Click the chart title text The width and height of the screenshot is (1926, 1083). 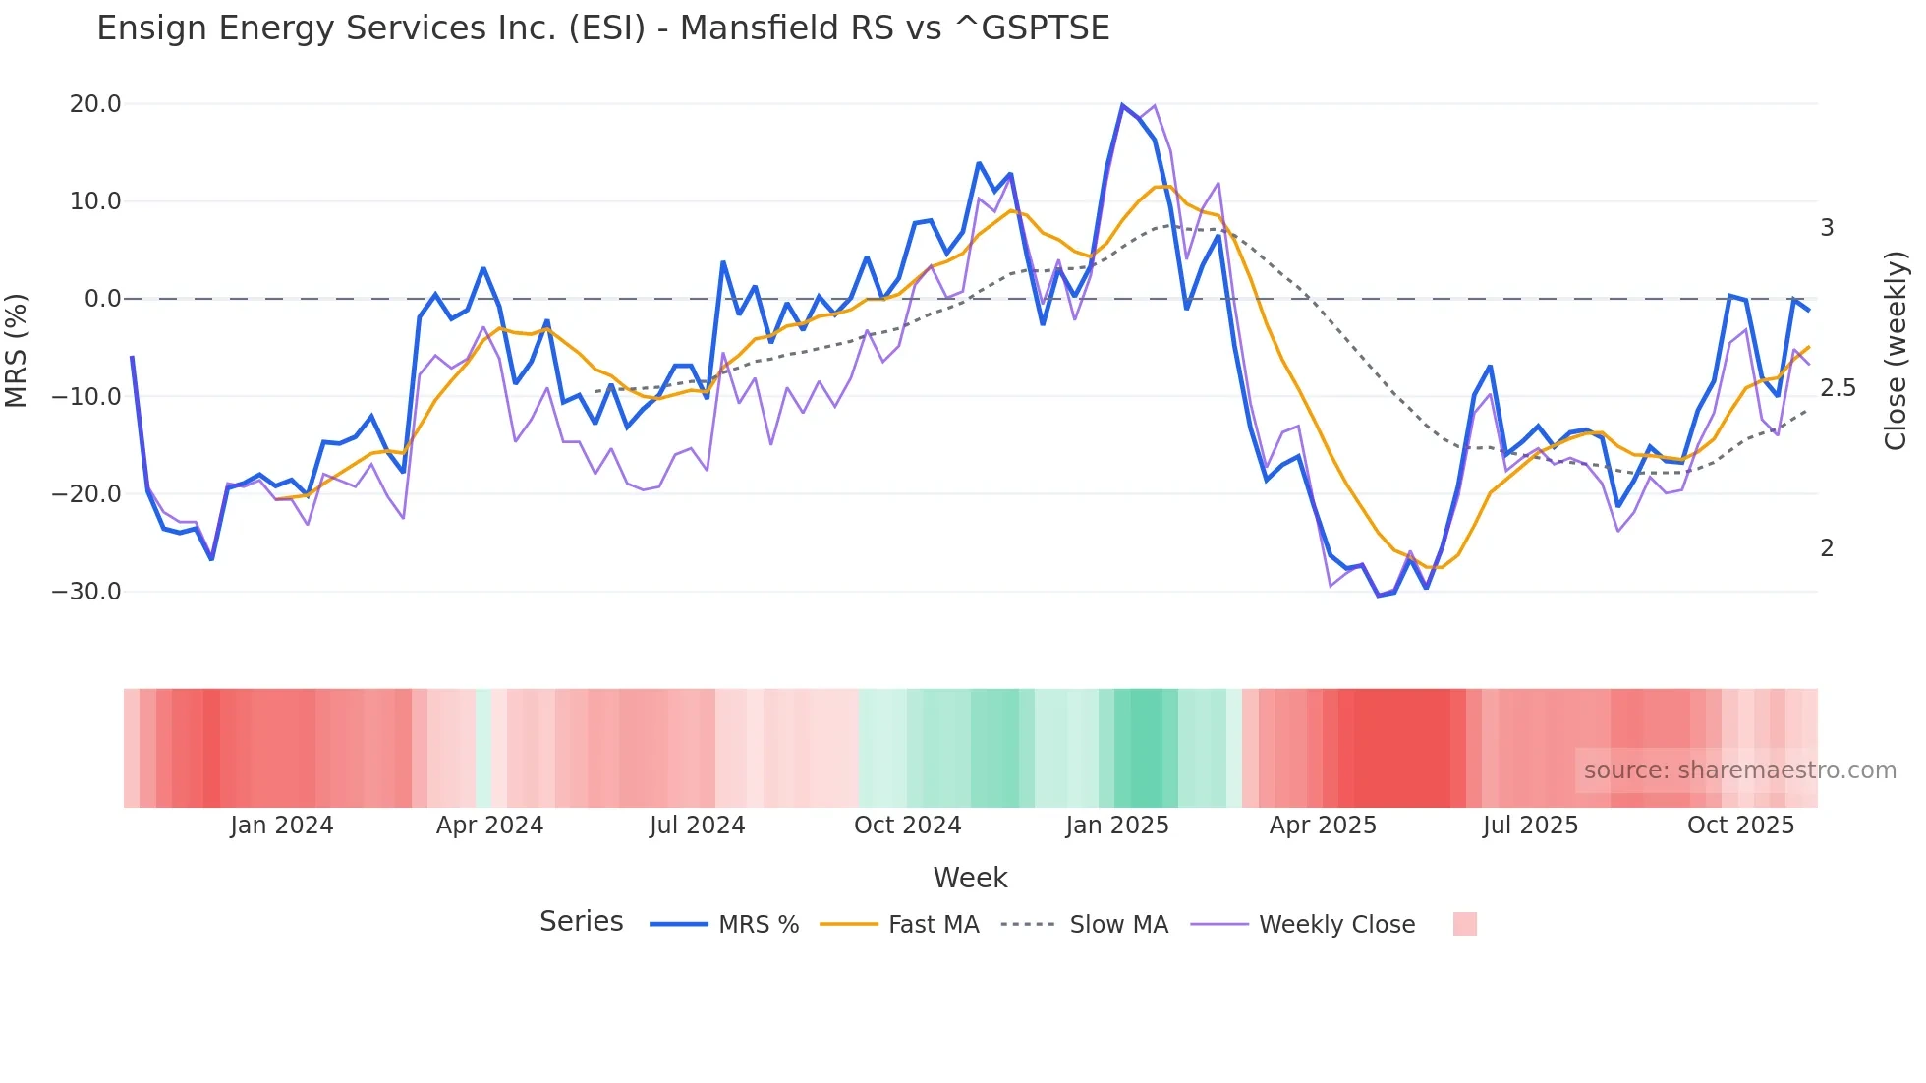point(602,28)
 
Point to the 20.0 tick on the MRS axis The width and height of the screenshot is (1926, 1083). point(95,104)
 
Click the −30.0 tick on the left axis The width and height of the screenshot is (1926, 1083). point(87,592)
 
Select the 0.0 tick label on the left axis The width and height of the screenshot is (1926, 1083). point(102,299)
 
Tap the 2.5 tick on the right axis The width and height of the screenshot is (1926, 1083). point(1838,388)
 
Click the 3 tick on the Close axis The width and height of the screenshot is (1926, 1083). point(1827,228)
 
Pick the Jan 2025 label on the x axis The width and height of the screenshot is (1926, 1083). point(1117,826)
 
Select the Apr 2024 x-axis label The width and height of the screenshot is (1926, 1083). point(489,826)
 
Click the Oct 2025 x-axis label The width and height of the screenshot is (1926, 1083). point(1740,826)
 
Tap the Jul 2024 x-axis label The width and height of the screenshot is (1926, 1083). point(697,826)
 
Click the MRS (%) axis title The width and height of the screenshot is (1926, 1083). point(17,350)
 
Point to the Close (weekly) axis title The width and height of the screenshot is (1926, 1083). point(1896,351)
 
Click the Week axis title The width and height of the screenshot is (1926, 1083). point(970,878)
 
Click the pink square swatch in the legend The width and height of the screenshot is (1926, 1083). point(1464,924)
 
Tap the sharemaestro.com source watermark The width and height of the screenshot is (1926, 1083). point(1739,770)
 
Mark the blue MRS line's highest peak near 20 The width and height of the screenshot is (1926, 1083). point(1122,105)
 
